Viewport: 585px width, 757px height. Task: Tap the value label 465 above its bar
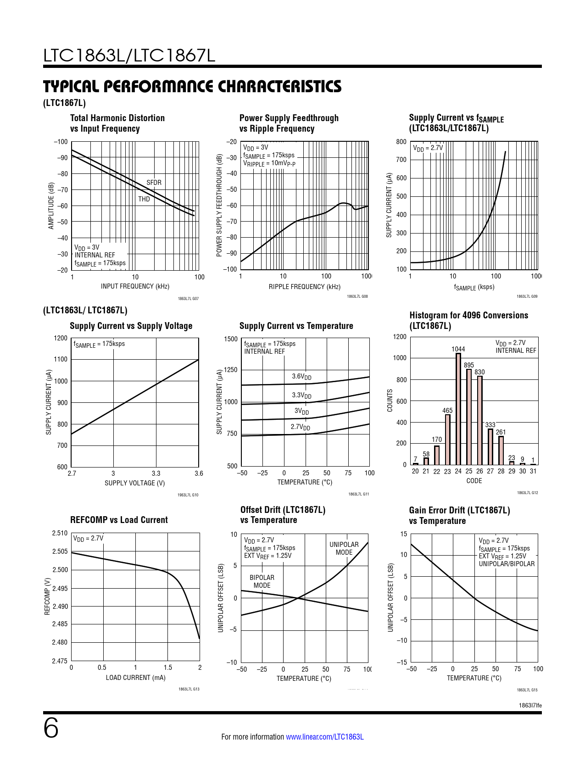tap(447, 411)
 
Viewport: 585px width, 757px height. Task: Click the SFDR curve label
tap(154, 183)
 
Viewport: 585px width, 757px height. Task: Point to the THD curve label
tap(144, 199)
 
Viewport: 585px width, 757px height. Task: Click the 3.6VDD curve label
tap(301, 377)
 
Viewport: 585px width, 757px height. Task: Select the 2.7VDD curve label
tap(300, 427)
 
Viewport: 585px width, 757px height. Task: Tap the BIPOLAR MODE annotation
tap(262, 581)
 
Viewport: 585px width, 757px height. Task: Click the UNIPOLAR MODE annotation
tap(344, 548)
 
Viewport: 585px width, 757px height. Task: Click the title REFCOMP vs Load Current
tap(119, 520)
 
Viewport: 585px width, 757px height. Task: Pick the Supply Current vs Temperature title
tap(296, 326)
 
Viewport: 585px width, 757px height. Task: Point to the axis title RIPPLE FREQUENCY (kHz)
tap(305, 287)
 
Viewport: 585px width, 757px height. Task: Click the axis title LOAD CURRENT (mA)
tap(135, 678)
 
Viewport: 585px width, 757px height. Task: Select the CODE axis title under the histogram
tap(474, 481)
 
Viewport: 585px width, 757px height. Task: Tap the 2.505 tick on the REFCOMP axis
tap(60, 551)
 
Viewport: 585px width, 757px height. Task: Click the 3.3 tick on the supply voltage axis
tap(156, 473)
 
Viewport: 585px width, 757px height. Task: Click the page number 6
tap(51, 729)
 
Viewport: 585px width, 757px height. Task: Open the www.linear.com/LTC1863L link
tap(324, 737)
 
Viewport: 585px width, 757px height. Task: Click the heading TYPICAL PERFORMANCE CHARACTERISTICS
tap(192, 86)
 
